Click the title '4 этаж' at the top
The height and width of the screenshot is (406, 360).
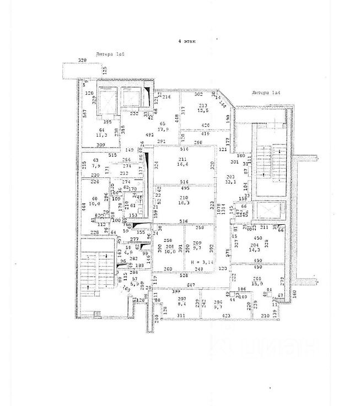click(x=186, y=41)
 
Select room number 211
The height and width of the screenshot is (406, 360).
click(x=183, y=159)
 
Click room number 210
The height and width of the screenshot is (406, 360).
click(x=183, y=197)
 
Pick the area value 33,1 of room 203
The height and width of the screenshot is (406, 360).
click(x=230, y=181)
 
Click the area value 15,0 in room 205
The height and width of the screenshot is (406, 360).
click(x=256, y=284)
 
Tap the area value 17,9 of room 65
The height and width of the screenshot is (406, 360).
click(x=162, y=130)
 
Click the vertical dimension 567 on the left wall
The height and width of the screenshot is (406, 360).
click(x=85, y=114)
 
